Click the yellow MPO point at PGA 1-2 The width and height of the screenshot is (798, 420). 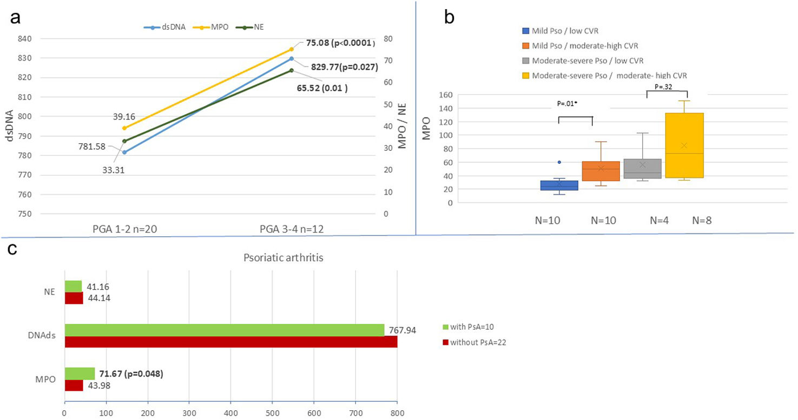coord(124,128)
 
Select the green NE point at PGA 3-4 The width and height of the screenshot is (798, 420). coord(292,70)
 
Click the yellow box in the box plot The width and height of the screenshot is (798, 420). coord(684,145)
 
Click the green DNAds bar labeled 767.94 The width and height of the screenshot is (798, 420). coord(225,330)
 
